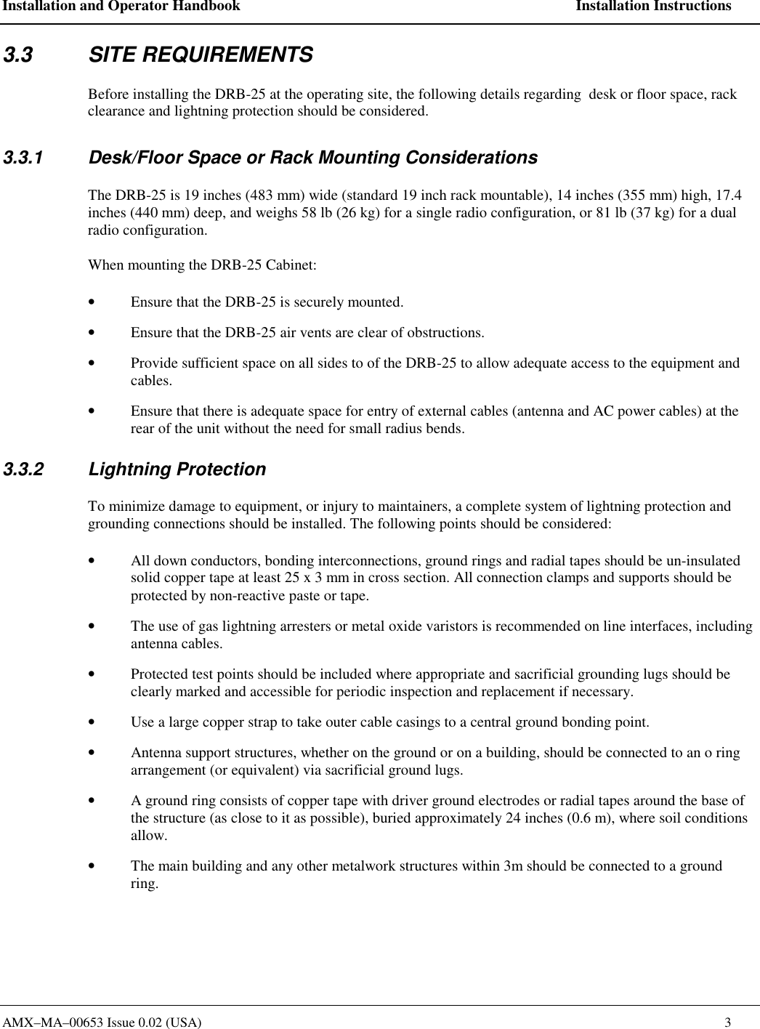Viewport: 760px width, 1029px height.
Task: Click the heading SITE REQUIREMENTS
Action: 201,55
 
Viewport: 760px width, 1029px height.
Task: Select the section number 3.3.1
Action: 23,158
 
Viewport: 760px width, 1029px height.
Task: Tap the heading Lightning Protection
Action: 177,469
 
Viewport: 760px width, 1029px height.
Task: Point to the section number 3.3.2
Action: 23,469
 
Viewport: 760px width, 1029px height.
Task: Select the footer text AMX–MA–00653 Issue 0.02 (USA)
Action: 102,1022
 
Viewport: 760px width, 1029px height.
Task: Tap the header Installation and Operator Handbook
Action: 121,7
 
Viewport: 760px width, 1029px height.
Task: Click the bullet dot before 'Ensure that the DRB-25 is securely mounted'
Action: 90,302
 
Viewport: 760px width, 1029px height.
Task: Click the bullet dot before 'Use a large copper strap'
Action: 90,722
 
